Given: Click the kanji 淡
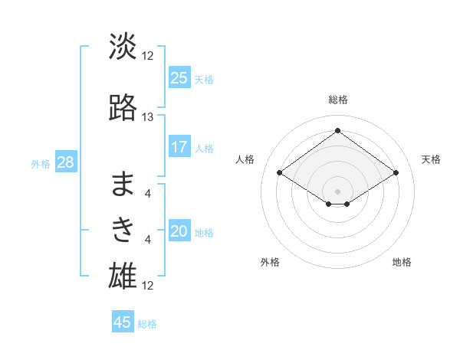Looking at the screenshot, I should (x=123, y=47).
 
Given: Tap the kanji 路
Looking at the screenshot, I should (x=123, y=107).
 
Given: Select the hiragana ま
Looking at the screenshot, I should (x=123, y=184).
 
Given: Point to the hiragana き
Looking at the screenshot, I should (x=123, y=229).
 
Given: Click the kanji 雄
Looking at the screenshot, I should (x=123, y=275).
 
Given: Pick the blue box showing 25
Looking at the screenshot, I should (x=179, y=78).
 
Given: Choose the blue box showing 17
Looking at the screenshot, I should (x=179, y=147).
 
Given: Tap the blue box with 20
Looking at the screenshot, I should (x=179, y=232).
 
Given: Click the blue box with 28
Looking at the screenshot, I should (x=65, y=163).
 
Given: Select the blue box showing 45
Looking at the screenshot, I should (x=123, y=322).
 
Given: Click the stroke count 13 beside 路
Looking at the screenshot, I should (x=148, y=117).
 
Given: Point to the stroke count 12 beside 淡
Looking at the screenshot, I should (x=148, y=56).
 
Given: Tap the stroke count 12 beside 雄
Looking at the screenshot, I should (x=148, y=286).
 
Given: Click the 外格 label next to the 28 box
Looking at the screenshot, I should (x=41, y=164).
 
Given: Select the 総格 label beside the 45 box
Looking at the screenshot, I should (x=147, y=324).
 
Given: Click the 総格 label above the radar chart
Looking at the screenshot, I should (x=337, y=100).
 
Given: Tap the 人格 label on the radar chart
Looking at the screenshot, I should (x=245, y=159).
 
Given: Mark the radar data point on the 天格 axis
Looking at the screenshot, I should (x=396, y=173).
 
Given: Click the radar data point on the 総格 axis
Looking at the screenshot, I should (x=337, y=131).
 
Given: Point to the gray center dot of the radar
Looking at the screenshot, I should (x=337, y=190).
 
